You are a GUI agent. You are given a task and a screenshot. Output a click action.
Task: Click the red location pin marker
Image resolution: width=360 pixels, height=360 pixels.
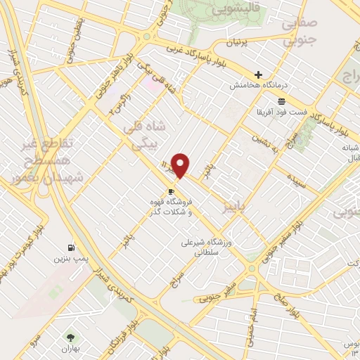[180, 165]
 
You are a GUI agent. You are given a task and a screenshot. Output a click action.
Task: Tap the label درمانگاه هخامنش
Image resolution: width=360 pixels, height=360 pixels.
[259, 85]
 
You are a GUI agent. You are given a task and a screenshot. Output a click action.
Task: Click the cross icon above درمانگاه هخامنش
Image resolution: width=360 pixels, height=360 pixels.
[259, 75]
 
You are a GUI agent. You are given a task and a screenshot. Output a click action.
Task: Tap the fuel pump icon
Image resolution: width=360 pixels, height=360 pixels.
[70, 247]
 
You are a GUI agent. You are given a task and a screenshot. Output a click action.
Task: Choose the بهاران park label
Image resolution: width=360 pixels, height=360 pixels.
[69, 348]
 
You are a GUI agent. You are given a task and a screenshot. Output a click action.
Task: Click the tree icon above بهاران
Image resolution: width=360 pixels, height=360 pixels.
[69, 337]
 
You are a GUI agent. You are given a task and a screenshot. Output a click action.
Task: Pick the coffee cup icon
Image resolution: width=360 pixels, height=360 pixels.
[171, 191]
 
